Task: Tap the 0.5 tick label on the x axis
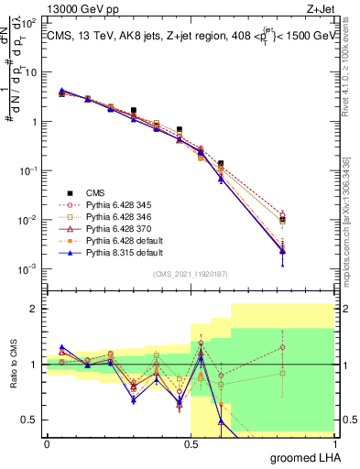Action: [191, 443]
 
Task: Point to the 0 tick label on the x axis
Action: [48, 443]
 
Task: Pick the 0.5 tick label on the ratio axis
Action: [31, 420]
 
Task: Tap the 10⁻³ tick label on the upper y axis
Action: [29, 269]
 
